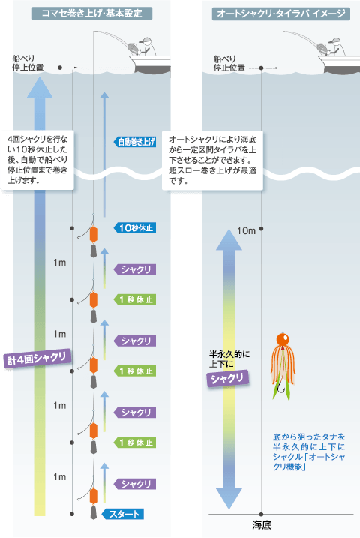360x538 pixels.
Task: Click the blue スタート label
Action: (x=123, y=514)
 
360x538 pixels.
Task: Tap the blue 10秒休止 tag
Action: (x=135, y=228)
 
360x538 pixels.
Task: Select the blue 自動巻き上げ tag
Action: (x=135, y=142)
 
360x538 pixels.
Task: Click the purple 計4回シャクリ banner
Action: (x=37, y=359)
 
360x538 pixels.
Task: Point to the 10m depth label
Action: (x=246, y=231)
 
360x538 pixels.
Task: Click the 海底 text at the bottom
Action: (x=262, y=525)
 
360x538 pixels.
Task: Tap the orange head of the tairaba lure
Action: (x=283, y=339)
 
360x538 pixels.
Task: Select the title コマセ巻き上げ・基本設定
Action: (x=91, y=14)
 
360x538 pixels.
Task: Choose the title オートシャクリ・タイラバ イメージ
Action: (x=280, y=14)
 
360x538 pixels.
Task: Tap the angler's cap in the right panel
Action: (x=334, y=41)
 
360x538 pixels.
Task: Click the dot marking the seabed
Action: (x=261, y=514)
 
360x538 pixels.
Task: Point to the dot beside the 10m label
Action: (x=261, y=229)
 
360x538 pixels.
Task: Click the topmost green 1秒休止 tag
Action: (x=135, y=299)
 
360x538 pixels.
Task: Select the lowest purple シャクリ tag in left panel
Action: (x=135, y=484)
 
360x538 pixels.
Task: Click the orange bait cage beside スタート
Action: (x=93, y=496)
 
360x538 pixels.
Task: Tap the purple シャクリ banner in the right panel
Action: (x=228, y=379)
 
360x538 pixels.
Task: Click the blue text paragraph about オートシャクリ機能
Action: (x=309, y=452)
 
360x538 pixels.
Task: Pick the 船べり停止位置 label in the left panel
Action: (x=28, y=63)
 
